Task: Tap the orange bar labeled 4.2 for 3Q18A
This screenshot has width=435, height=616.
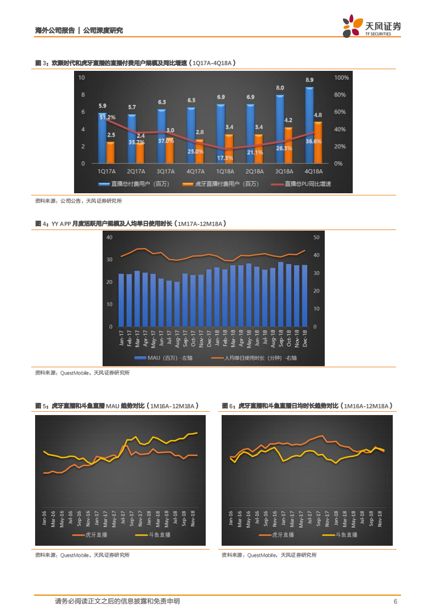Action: tap(288, 145)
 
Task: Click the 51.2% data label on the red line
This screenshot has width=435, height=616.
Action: tap(108, 117)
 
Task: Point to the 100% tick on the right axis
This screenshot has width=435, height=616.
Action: tap(341, 78)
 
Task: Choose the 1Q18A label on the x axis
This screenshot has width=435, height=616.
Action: tap(225, 171)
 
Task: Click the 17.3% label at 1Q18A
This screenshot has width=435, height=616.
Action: tap(225, 158)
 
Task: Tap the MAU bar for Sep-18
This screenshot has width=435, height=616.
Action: tap(281, 294)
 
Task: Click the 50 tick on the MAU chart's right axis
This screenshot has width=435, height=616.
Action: tap(315, 237)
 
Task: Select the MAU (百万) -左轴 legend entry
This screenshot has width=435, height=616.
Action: tap(160, 359)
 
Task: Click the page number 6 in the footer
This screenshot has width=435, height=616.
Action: tap(396, 602)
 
